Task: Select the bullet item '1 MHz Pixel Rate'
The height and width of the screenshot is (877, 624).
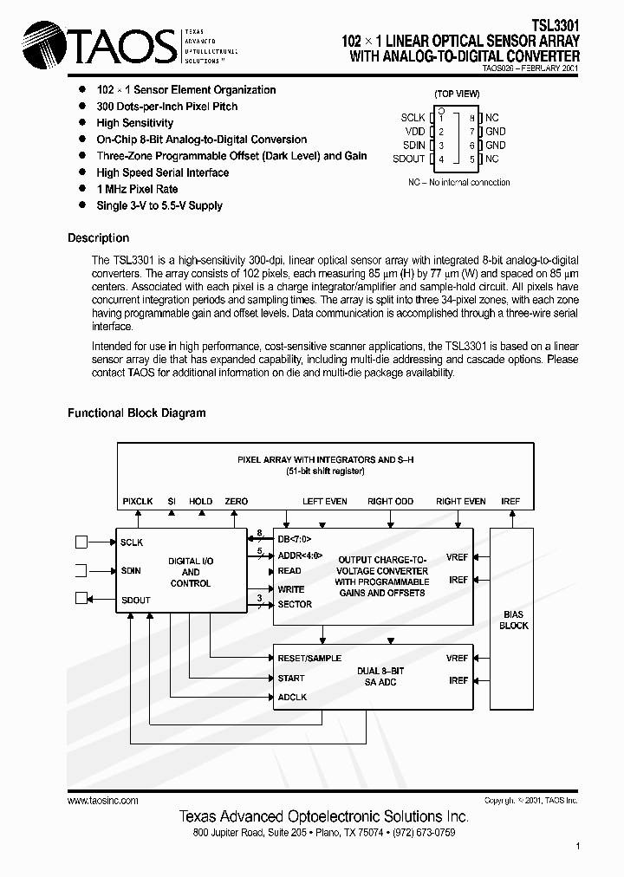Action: [x=137, y=189]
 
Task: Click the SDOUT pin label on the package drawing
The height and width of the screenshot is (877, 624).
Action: [x=408, y=159]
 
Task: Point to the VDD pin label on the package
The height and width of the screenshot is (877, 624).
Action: [x=414, y=132]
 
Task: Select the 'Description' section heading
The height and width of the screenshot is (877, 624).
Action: [x=98, y=238]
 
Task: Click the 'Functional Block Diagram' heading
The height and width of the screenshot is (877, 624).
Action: [x=137, y=413]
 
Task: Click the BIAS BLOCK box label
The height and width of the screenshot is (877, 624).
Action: [x=513, y=620]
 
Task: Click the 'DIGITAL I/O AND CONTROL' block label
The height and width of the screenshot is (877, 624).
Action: [x=190, y=572]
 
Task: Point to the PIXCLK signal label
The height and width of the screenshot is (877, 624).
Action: [x=138, y=501]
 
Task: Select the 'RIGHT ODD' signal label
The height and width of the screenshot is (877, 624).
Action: [x=390, y=501]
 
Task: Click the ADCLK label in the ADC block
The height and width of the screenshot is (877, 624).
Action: [x=292, y=698]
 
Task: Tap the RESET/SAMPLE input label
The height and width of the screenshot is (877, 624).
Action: [x=309, y=658]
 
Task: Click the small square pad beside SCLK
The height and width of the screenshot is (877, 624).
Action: [x=81, y=542]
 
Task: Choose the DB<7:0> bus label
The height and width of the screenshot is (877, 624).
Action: [x=295, y=537]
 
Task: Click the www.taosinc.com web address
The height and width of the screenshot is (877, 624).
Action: [x=102, y=801]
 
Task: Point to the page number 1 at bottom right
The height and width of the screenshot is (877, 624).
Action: [x=577, y=846]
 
